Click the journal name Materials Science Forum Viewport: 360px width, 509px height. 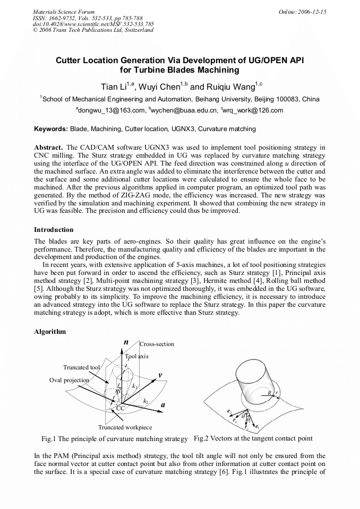point(64,11)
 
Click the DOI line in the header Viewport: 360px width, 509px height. point(93,24)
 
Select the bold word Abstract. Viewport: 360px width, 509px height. point(49,147)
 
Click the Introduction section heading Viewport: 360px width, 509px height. point(54,230)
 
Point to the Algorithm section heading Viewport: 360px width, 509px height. point(50,332)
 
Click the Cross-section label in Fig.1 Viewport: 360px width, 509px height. point(157,344)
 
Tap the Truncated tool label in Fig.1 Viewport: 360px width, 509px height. point(81,367)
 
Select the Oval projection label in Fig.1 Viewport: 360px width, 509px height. point(69,380)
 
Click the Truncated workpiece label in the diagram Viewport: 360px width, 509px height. point(125,427)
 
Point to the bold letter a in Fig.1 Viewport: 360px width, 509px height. point(163,404)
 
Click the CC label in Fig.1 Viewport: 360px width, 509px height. point(121,408)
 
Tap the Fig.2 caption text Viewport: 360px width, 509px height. point(253,438)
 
